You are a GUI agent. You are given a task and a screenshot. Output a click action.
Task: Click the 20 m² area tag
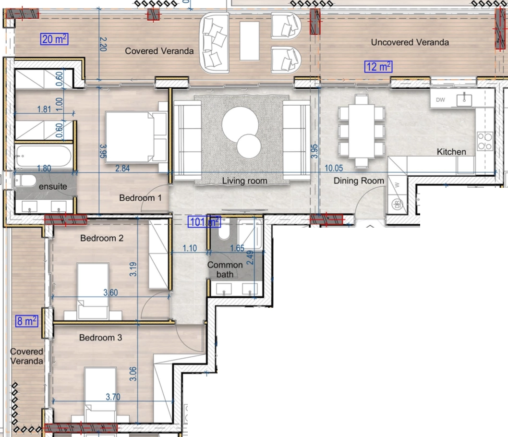coord(54,39)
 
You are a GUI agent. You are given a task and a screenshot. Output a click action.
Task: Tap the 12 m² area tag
coord(378,67)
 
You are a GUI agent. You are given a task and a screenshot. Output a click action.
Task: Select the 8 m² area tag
coord(27,321)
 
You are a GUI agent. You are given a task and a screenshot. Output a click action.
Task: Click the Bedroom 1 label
coord(140,198)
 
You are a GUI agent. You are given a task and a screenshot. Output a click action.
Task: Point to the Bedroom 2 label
coord(102,238)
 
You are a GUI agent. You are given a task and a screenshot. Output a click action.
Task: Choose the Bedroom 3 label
coord(100,338)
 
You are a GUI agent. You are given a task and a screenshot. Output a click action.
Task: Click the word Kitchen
coord(451,152)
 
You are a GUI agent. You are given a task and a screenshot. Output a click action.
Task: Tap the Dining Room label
coord(359,181)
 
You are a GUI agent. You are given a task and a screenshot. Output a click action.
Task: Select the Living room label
coord(244,181)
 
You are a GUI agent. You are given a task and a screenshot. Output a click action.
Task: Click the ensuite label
coord(53,187)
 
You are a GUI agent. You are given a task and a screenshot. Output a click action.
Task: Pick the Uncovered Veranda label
coord(410,42)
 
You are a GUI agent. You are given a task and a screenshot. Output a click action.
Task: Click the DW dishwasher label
coord(440,100)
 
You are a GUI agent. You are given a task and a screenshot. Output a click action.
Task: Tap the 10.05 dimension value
coord(334,168)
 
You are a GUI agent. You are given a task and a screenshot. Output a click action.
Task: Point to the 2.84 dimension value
coord(122,169)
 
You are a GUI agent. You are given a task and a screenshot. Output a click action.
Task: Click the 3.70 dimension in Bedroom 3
coord(113,397)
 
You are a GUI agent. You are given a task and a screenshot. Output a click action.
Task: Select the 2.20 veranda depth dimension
coord(103,44)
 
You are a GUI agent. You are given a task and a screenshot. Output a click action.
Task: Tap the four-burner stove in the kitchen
coord(484,142)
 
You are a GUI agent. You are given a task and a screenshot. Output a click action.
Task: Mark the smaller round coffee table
coord(249,146)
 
